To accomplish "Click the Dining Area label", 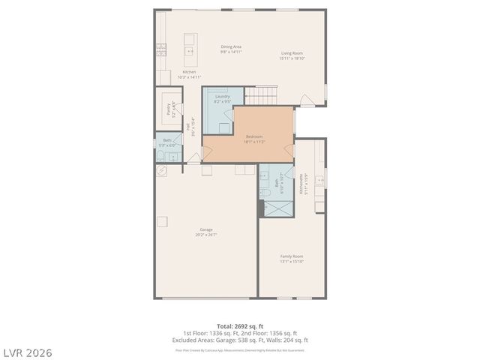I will click(x=231, y=49).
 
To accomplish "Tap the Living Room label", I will click(x=292, y=55).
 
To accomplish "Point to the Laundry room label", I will click(x=222, y=98).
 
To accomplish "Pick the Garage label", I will click(x=205, y=232).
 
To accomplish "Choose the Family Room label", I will click(x=292, y=259).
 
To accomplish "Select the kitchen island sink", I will click(x=190, y=52).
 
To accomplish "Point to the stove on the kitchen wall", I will click(x=160, y=50).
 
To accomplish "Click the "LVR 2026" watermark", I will click(x=26, y=352).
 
